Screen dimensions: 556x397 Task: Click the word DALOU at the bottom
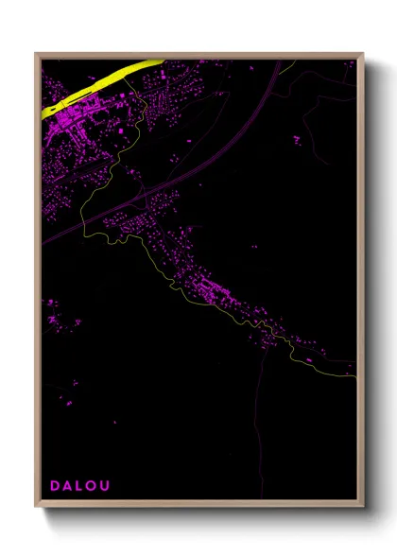[x=81, y=486]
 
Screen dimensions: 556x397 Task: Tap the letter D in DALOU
[x=55, y=486]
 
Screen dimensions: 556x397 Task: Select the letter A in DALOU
[x=68, y=486]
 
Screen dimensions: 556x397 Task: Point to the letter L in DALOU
[x=81, y=486]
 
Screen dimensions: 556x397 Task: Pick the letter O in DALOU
[x=94, y=486]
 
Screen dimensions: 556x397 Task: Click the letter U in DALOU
[x=108, y=486]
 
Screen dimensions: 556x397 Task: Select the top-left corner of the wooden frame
[x=36, y=54]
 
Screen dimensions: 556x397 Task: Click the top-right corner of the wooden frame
[x=362, y=54]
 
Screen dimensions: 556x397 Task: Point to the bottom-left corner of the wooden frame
[x=36, y=508]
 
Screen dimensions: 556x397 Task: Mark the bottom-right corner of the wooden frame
[x=362, y=508]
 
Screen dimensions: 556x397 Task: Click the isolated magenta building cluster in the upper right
[x=297, y=140]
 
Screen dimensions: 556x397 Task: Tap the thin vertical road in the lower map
[x=255, y=416]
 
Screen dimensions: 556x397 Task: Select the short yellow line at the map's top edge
[x=288, y=64]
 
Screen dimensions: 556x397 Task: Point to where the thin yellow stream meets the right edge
[x=354, y=375]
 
